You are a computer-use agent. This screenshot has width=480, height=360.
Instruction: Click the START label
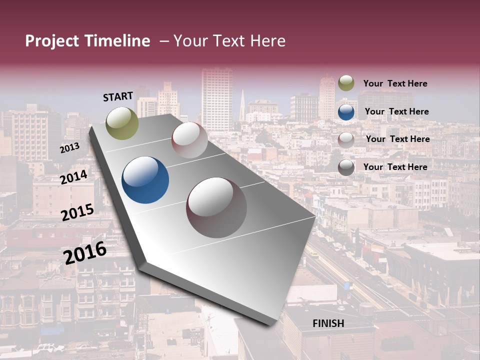(118, 96)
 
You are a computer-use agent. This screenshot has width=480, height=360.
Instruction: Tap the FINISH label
(328, 323)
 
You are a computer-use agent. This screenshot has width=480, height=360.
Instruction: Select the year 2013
(70, 148)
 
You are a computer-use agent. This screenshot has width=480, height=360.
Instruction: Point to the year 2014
(74, 177)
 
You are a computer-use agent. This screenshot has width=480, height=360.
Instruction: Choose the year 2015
(77, 212)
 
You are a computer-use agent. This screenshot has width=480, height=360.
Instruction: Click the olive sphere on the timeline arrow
(122, 123)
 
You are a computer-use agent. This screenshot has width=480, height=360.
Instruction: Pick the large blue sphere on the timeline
(145, 180)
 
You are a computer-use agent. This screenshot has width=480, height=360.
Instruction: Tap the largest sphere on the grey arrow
(216, 207)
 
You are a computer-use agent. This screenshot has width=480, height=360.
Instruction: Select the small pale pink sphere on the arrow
(189, 140)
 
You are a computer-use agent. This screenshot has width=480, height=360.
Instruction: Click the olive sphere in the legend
(346, 83)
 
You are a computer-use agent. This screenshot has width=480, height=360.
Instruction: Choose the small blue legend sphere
(346, 112)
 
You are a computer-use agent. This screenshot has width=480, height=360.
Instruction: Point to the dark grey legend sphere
(346, 167)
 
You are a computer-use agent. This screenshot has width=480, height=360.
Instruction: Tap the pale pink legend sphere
(346, 139)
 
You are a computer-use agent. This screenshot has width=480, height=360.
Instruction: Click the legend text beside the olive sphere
(395, 83)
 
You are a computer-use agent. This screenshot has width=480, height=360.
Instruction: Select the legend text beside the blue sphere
(396, 111)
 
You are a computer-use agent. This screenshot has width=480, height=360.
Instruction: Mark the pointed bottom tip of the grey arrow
(270, 324)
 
